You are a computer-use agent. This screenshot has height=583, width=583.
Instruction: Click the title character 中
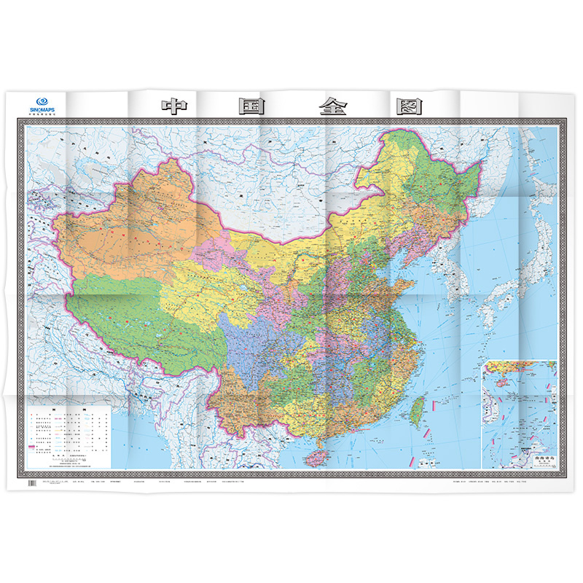click(x=173, y=106)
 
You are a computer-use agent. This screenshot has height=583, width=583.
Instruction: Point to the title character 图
click(x=410, y=106)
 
